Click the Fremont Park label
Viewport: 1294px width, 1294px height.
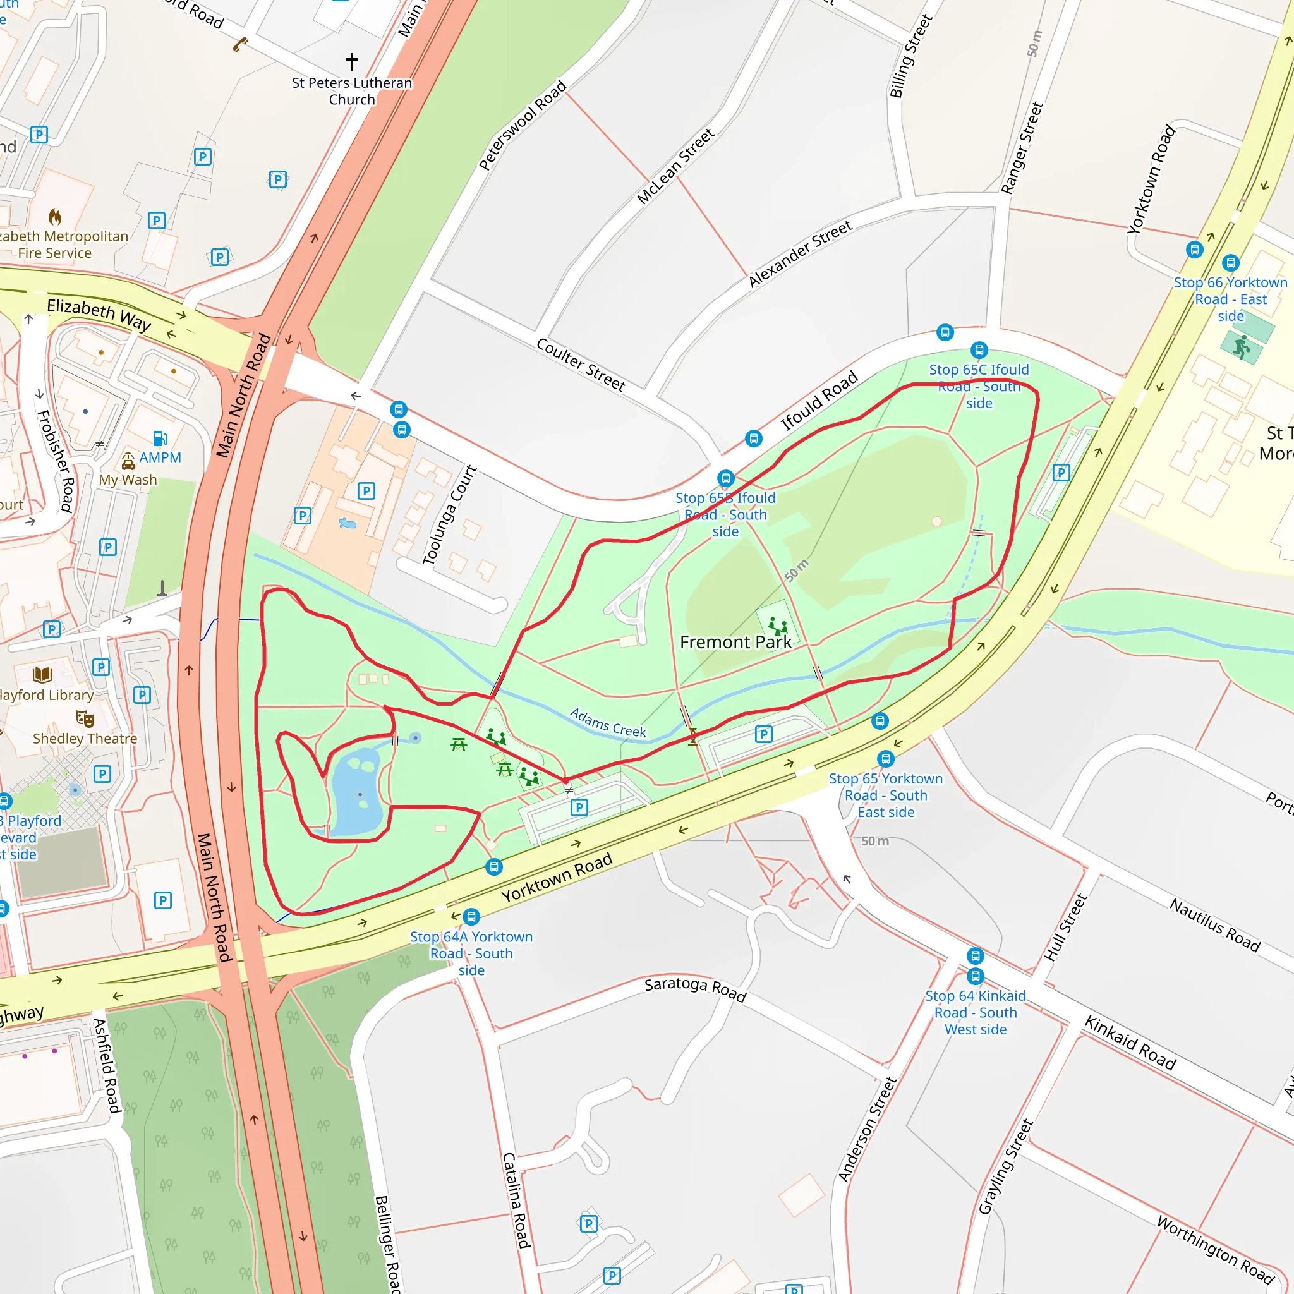click(735, 643)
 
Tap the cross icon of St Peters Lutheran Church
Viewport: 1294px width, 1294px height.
click(352, 62)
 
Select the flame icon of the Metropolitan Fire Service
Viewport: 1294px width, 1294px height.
click(55, 216)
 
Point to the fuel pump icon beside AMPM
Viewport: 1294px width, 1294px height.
click(160, 438)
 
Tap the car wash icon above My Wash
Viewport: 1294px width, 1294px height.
click(128, 461)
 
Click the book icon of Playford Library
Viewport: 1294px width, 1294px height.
click(42, 674)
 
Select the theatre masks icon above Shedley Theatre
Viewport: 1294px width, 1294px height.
click(85, 718)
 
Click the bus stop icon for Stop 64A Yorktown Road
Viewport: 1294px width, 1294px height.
click(471, 916)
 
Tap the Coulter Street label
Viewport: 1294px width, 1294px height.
click(581, 365)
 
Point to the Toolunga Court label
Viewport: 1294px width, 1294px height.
click(449, 515)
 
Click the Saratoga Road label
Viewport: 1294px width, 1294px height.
click(695, 989)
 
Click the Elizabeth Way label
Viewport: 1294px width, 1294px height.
click(99, 313)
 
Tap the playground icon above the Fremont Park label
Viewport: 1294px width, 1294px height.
click(777, 627)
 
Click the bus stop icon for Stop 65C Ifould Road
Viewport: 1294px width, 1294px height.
click(979, 349)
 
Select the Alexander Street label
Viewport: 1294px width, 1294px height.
click(800, 254)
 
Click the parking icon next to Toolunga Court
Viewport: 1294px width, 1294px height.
click(366, 491)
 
